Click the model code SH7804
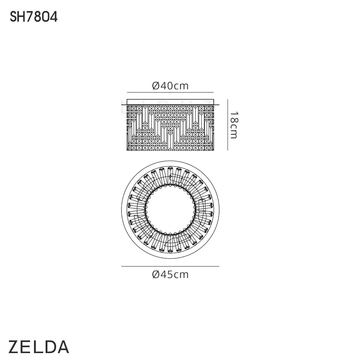tap(34, 17)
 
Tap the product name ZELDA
tap(39, 347)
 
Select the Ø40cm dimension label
tap(170, 86)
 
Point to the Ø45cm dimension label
tap(170, 274)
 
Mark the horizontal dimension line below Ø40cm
tap(170, 92)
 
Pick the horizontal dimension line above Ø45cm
tap(170, 266)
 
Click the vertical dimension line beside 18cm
tap(227, 125)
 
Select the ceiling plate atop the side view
tap(170, 102)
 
